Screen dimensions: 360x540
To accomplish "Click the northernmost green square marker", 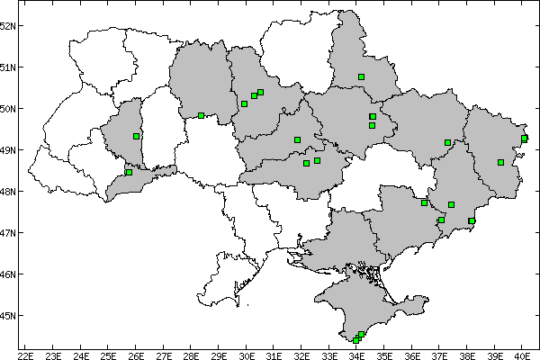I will click(361, 76).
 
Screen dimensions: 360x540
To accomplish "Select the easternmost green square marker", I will click(524, 138).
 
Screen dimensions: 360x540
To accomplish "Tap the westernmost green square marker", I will click(129, 172).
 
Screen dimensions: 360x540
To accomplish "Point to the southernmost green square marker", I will click(356, 340).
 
